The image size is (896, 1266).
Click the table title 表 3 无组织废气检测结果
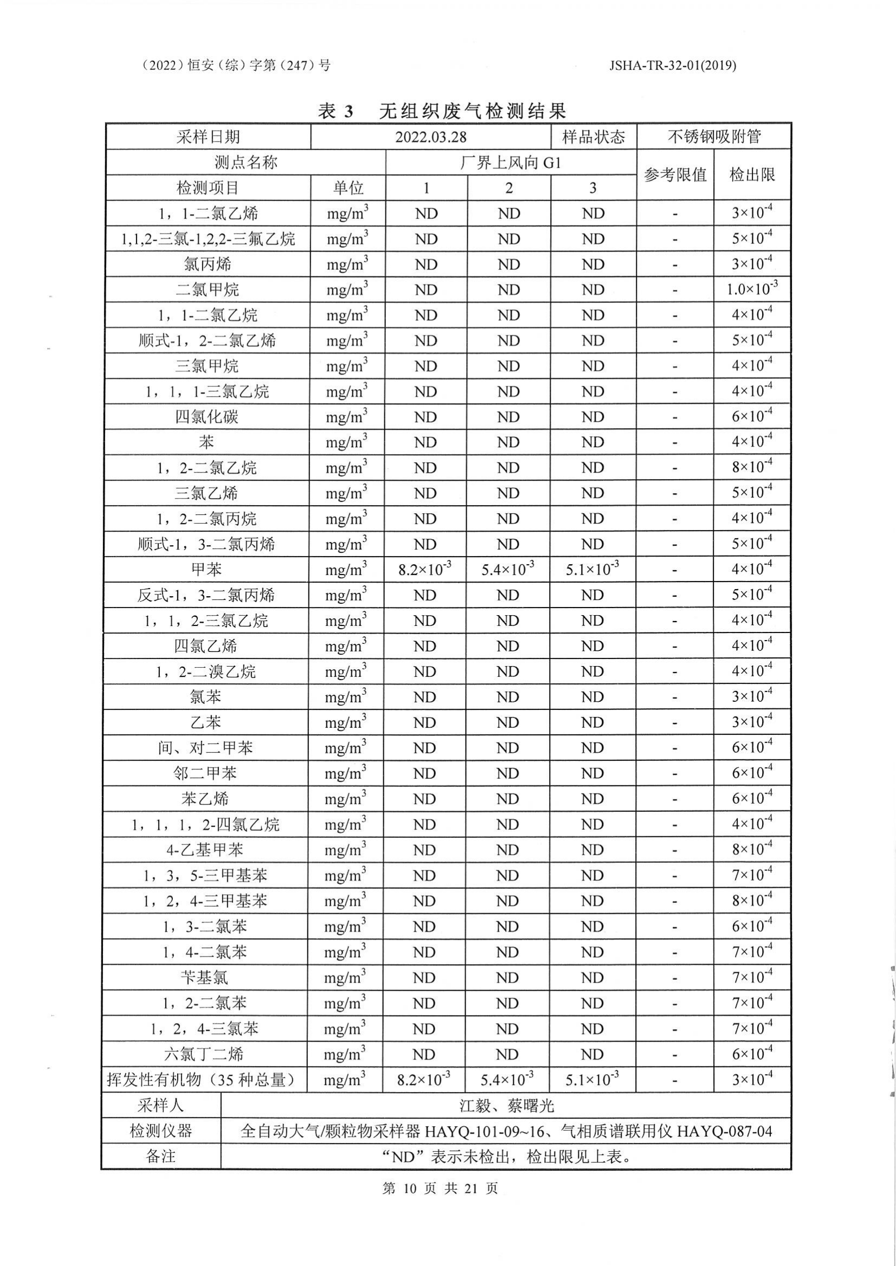pos(442,112)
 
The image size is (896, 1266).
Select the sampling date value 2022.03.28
pos(430,137)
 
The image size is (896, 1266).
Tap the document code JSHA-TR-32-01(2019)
pos(673,66)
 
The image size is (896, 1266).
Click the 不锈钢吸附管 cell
pos(714,137)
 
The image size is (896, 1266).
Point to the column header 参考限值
pos(675,176)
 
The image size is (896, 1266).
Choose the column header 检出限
pos(752,176)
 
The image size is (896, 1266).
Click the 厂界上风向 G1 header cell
pos(511,163)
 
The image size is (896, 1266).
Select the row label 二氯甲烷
pos(208,289)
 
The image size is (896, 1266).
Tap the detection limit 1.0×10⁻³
pos(752,289)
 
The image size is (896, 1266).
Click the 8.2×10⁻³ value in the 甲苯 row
pos(425,569)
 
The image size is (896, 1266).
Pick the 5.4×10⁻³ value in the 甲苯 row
pos(507,569)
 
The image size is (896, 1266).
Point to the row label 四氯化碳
pos(207,417)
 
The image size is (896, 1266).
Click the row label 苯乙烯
pos(205,799)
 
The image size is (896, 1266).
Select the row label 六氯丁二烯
pos(204,1054)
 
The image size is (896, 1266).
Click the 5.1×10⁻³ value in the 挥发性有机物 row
pos(592,1080)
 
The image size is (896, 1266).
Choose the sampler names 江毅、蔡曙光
pos(506,1106)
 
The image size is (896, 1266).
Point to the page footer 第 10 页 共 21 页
pos(440,1187)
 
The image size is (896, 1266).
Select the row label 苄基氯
pos(204,978)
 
